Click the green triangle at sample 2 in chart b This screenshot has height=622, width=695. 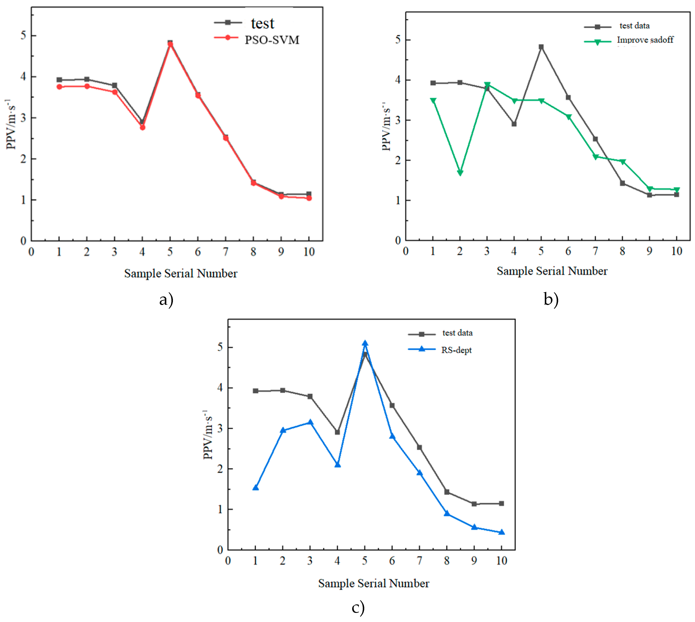point(460,173)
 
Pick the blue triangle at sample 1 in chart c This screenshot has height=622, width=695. point(255,487)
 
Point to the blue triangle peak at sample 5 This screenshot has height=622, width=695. point(365,343)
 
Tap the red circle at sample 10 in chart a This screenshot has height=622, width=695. point(309,198)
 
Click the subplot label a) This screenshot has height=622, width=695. point(166,300)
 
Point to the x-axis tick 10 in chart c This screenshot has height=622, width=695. point(501,561)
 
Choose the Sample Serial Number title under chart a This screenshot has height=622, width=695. point(181,273)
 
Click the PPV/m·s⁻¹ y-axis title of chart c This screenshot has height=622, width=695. point(208,435)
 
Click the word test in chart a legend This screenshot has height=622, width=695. point(262,23)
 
